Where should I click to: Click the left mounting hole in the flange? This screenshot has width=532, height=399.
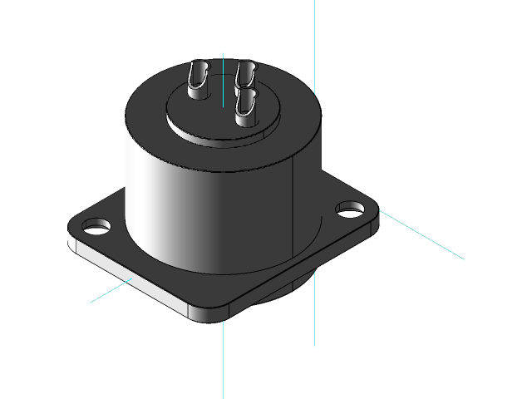pos(98,225)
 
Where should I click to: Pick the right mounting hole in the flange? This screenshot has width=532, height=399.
pos(350,208)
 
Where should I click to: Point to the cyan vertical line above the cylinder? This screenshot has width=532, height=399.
pos(314,42)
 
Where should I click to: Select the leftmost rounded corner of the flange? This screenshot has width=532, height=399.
pos(73,237)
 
